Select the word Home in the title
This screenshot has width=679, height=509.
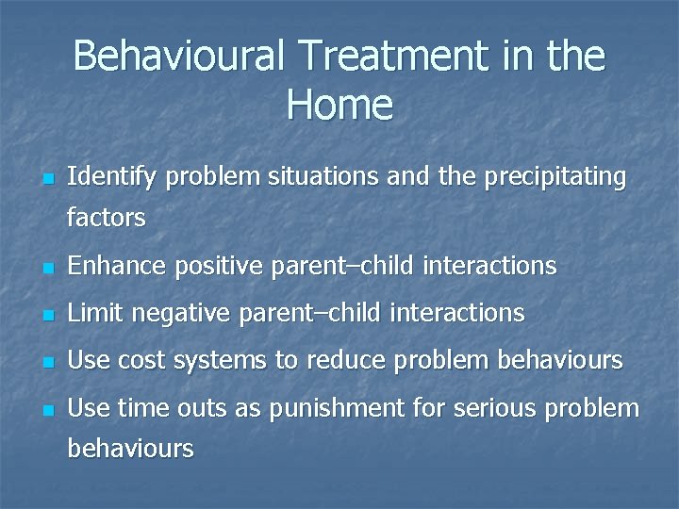(x=339, y=104)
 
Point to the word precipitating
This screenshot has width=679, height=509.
(x=555, y=176)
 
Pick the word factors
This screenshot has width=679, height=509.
(x=107, y=219)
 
